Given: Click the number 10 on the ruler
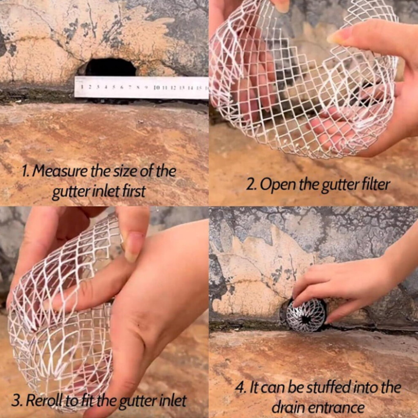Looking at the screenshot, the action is (x=156, y=87).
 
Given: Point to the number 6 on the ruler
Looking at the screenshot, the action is (x=122, y=87).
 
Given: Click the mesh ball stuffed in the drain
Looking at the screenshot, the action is (x=306, y=315).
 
